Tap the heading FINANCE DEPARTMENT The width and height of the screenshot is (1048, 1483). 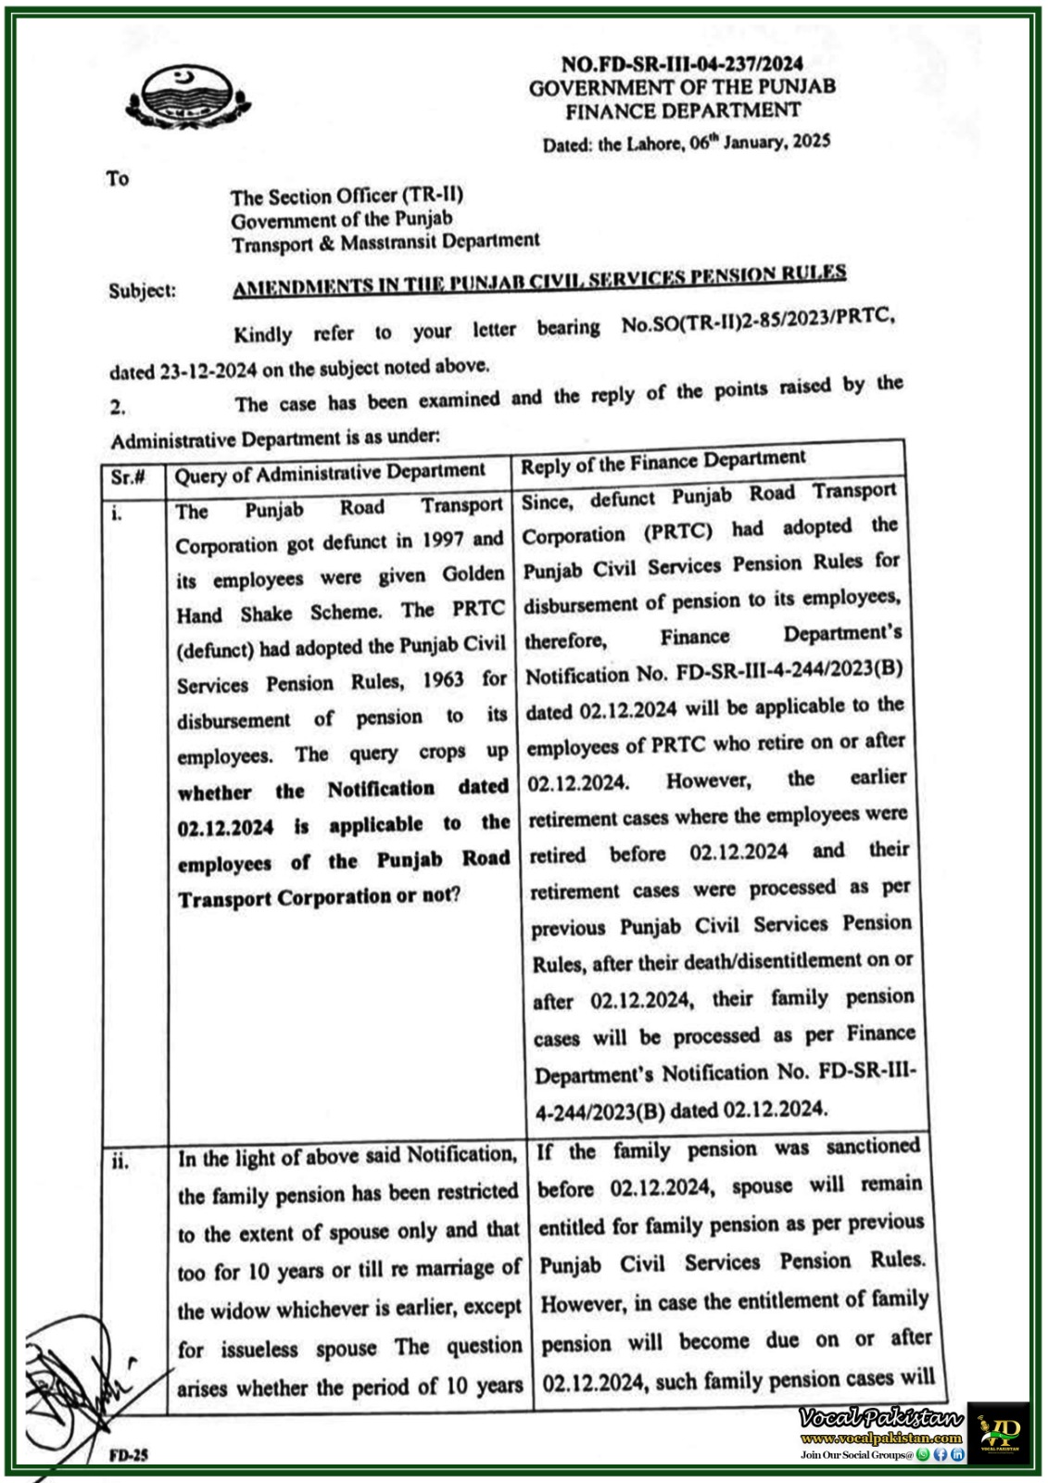(x=683, y=111)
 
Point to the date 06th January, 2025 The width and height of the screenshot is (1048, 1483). (x=760, y=143)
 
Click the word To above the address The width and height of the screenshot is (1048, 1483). (x=118, y=178)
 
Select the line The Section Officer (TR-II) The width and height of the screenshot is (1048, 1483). (x=347, y=196)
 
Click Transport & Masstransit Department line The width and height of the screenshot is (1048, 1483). (x=385, y=243)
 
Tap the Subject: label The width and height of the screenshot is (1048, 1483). (x=142, y=290)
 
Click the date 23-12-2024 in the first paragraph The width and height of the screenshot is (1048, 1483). (x=208, y=372)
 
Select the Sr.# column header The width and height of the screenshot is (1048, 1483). (x=128, y=476)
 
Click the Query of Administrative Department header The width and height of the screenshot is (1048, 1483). (x=330, y=474)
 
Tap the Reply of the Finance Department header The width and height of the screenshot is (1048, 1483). (x=663, y=462)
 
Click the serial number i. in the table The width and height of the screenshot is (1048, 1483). (x=118, y=513)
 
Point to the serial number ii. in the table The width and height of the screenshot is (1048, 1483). (x=120, y=1161)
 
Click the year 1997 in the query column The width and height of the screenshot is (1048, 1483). (x=442, y=540)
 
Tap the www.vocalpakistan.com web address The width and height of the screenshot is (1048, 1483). (x=881, y=1438)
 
